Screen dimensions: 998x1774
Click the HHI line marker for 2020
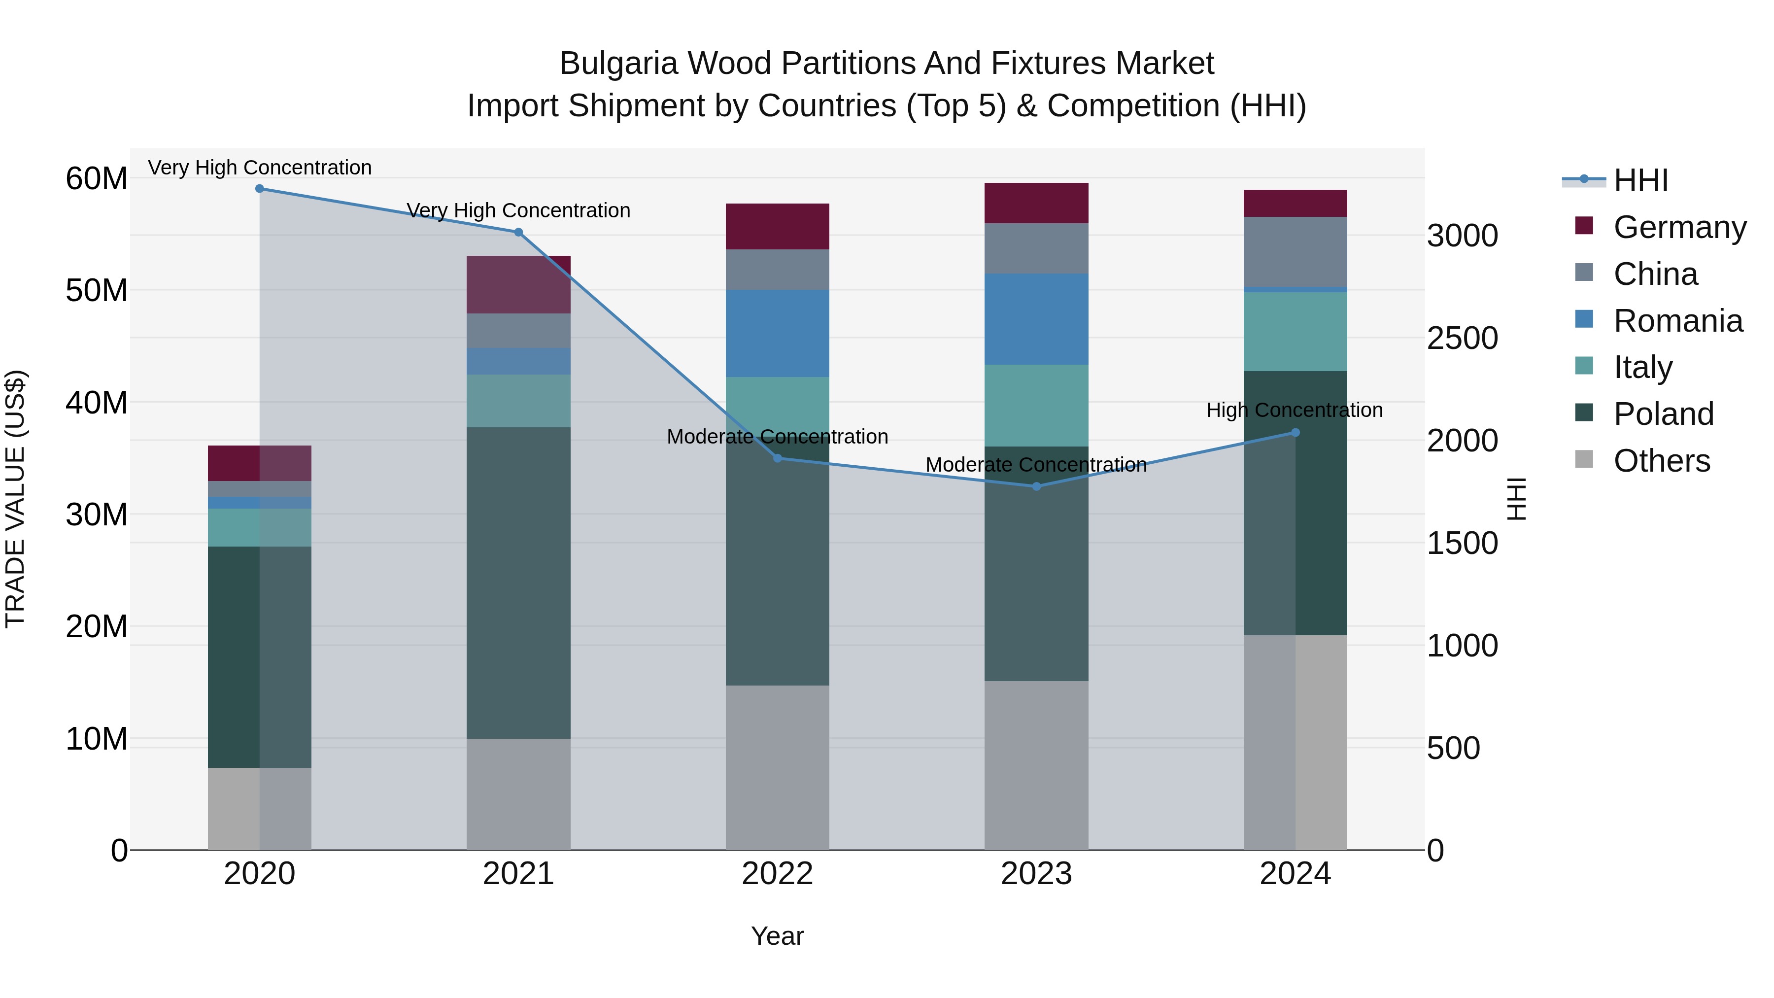pos(260,189)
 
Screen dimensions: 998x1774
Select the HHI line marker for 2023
pos(1036,486)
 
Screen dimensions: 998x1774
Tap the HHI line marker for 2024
pos(1296,433)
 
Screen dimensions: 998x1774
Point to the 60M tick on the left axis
pos(97,179)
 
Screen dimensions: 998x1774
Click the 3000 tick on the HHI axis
pos(1462,236)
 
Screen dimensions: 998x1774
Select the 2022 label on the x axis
pos(778,874)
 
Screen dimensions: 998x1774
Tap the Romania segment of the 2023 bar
pos(1036,319)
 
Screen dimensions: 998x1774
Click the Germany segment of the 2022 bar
pos(778,227)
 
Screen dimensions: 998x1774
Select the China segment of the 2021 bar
pos(518,331)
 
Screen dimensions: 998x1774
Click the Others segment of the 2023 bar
pos(1036,765)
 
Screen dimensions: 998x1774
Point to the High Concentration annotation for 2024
pos(1295,411)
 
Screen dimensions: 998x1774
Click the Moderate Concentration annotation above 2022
pos(778,437)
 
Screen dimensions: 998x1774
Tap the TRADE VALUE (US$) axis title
pos(16,499)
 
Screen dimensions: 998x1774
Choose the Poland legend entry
pos(1663,414)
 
